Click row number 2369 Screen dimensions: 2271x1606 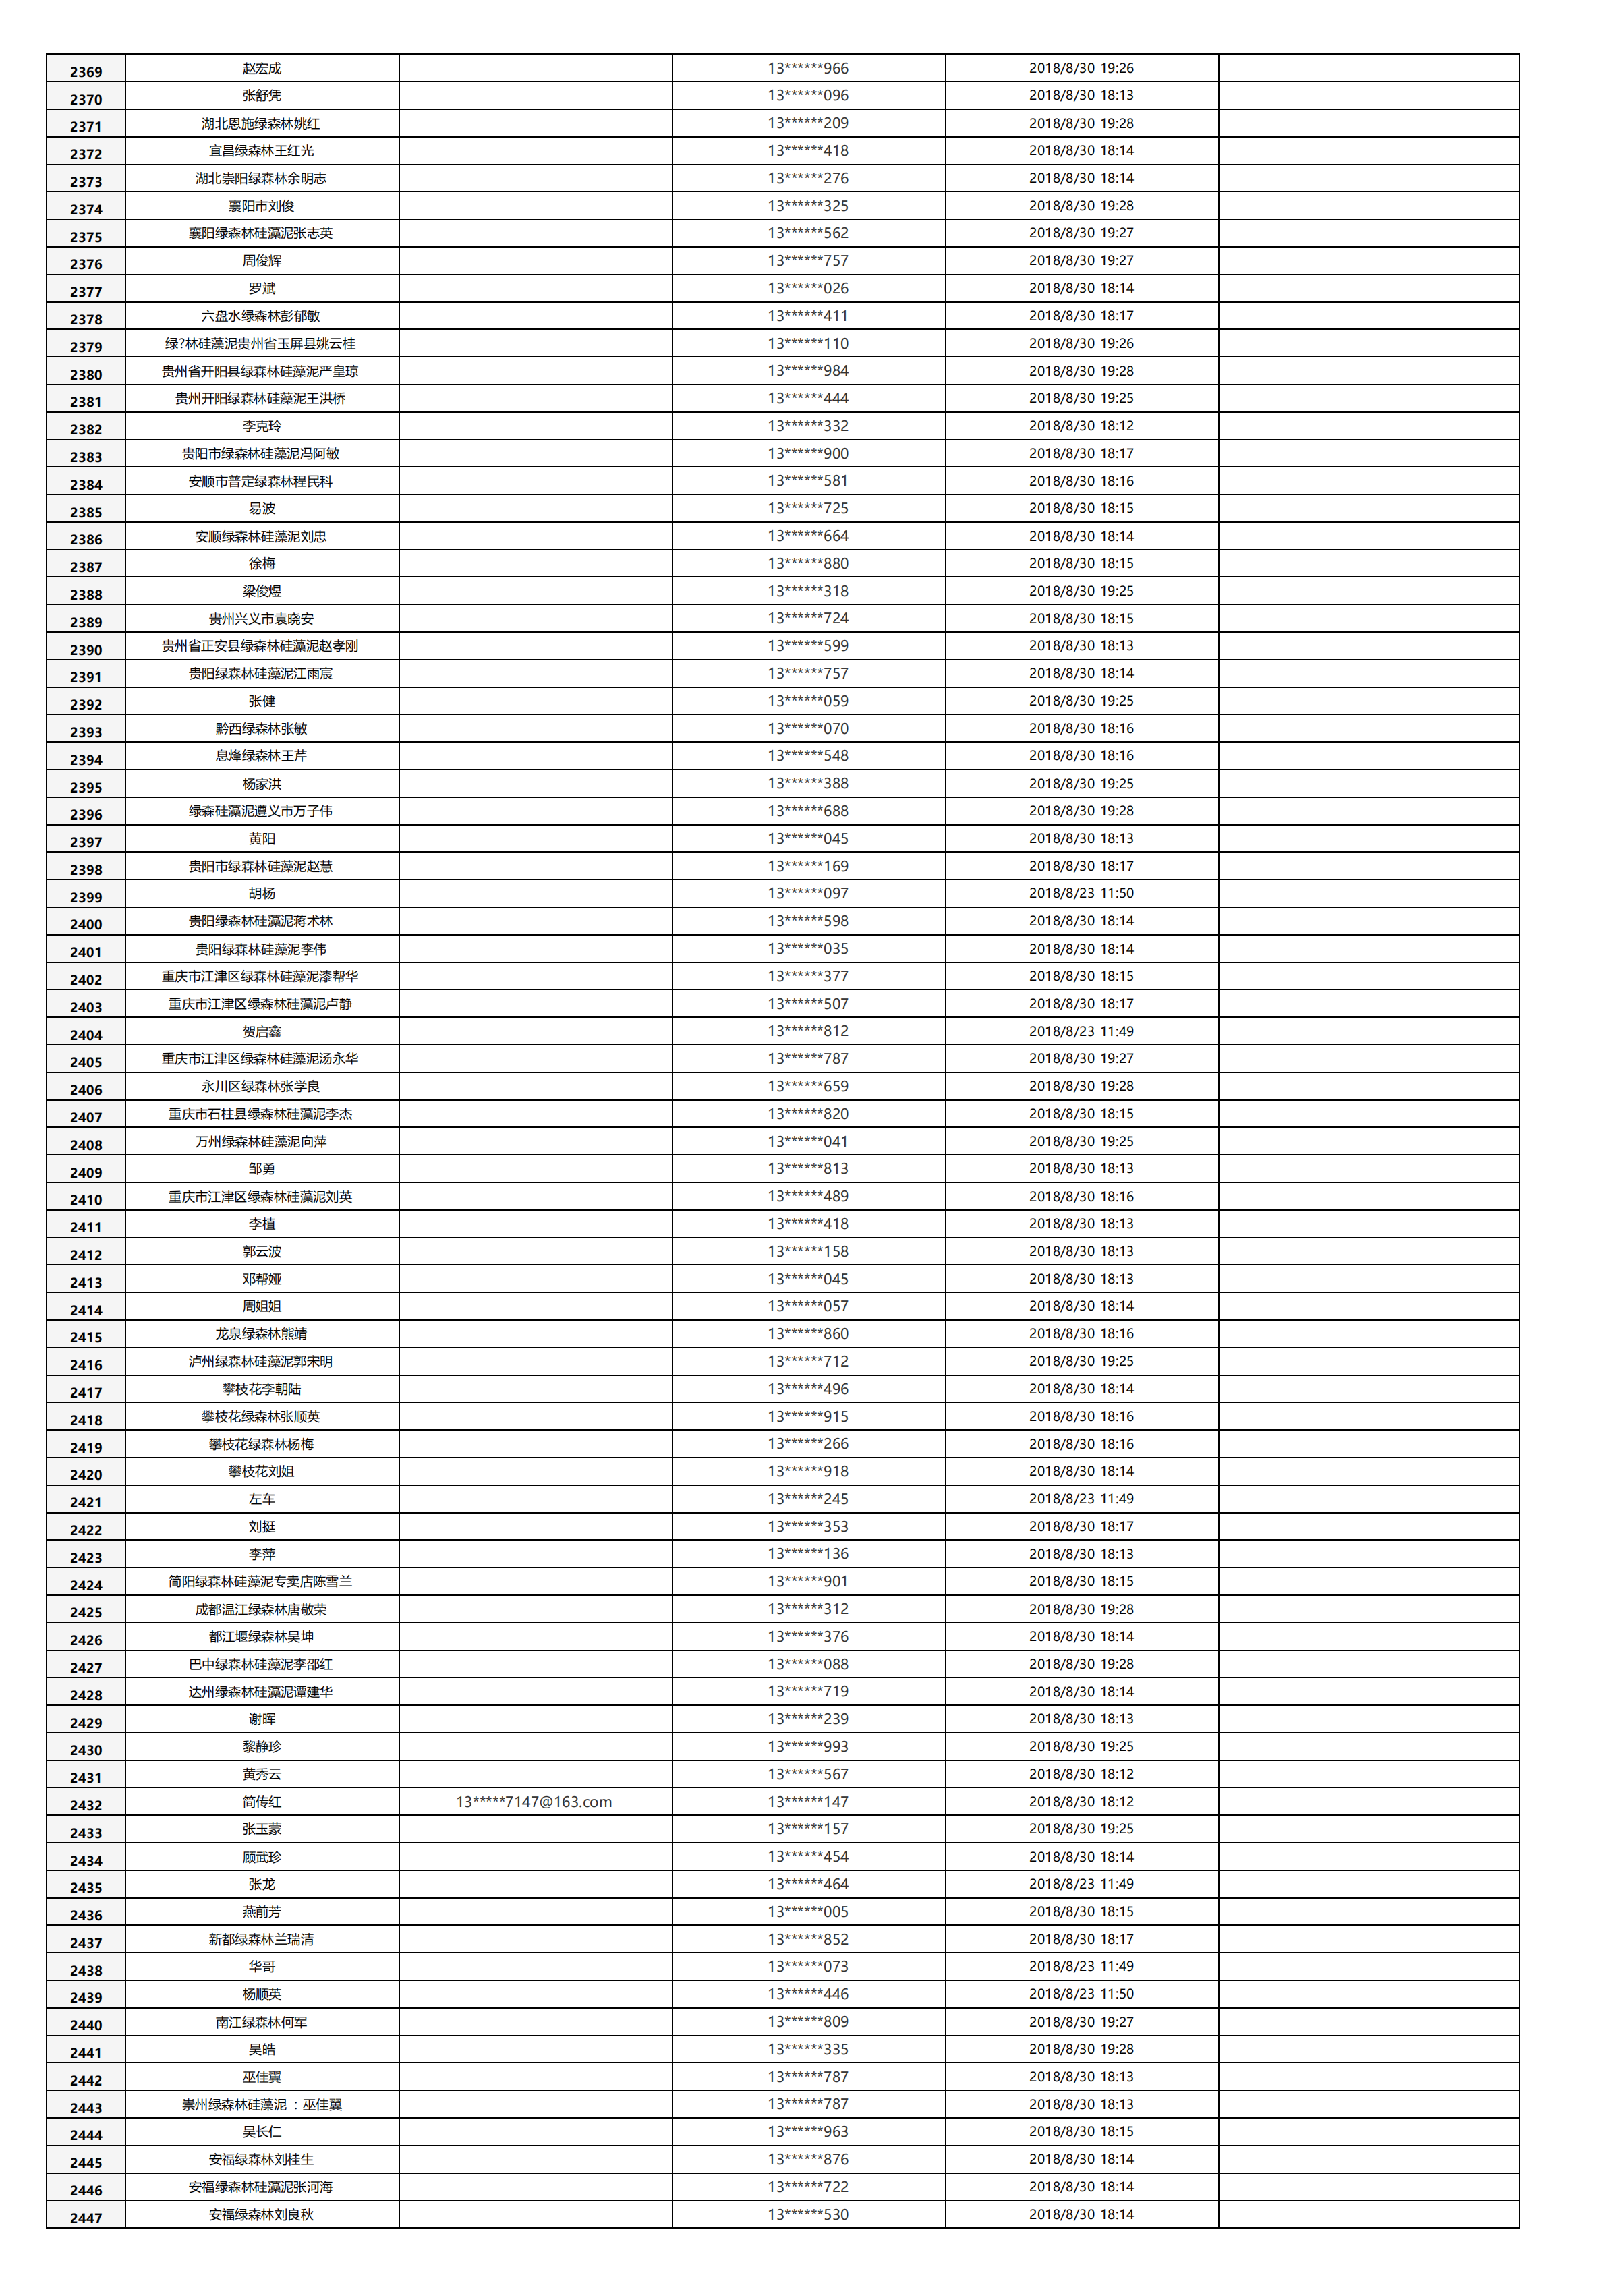[86, 71]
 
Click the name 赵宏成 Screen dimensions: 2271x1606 [262, 68]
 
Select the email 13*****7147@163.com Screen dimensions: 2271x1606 [534, 1801]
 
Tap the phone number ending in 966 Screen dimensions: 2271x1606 [808, 68]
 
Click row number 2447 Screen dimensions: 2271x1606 [86, 2218]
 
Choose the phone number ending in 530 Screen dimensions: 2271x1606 [808, 2214]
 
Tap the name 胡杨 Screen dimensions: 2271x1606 [262, 893]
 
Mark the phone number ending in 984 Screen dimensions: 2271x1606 [808, 371]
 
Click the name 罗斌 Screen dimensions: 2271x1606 [262, 288]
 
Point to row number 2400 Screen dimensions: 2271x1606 [86, 924]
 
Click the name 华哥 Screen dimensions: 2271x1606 [262, 1966]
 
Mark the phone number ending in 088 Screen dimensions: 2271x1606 [808, 1664]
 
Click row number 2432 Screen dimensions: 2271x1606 [86, 1804]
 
